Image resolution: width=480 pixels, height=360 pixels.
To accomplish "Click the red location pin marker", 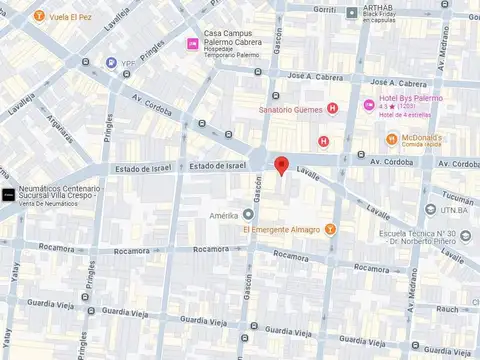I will [x=282, y=166].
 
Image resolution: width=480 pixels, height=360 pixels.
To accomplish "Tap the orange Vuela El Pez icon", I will [x=38, y=17].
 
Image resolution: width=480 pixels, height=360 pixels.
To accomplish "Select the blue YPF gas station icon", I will [x=111, y=63].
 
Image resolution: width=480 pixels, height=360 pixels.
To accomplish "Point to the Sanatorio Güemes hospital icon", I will [x=333, y=108].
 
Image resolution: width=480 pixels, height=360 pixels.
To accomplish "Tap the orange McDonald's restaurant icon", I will [x=392, y=138].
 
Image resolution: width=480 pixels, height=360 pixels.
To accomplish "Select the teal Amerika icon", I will [x=248, y=214].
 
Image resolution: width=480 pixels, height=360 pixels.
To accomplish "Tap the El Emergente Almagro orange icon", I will [x=331, y=229].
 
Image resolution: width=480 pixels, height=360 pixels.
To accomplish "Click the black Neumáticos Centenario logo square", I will [x=8, y=194].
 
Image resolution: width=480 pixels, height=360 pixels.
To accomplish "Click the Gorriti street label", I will [x=326, y=8].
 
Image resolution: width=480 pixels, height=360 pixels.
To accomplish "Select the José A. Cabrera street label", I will [x=315, y=76].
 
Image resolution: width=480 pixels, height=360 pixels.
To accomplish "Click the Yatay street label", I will [x=16, y=290].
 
